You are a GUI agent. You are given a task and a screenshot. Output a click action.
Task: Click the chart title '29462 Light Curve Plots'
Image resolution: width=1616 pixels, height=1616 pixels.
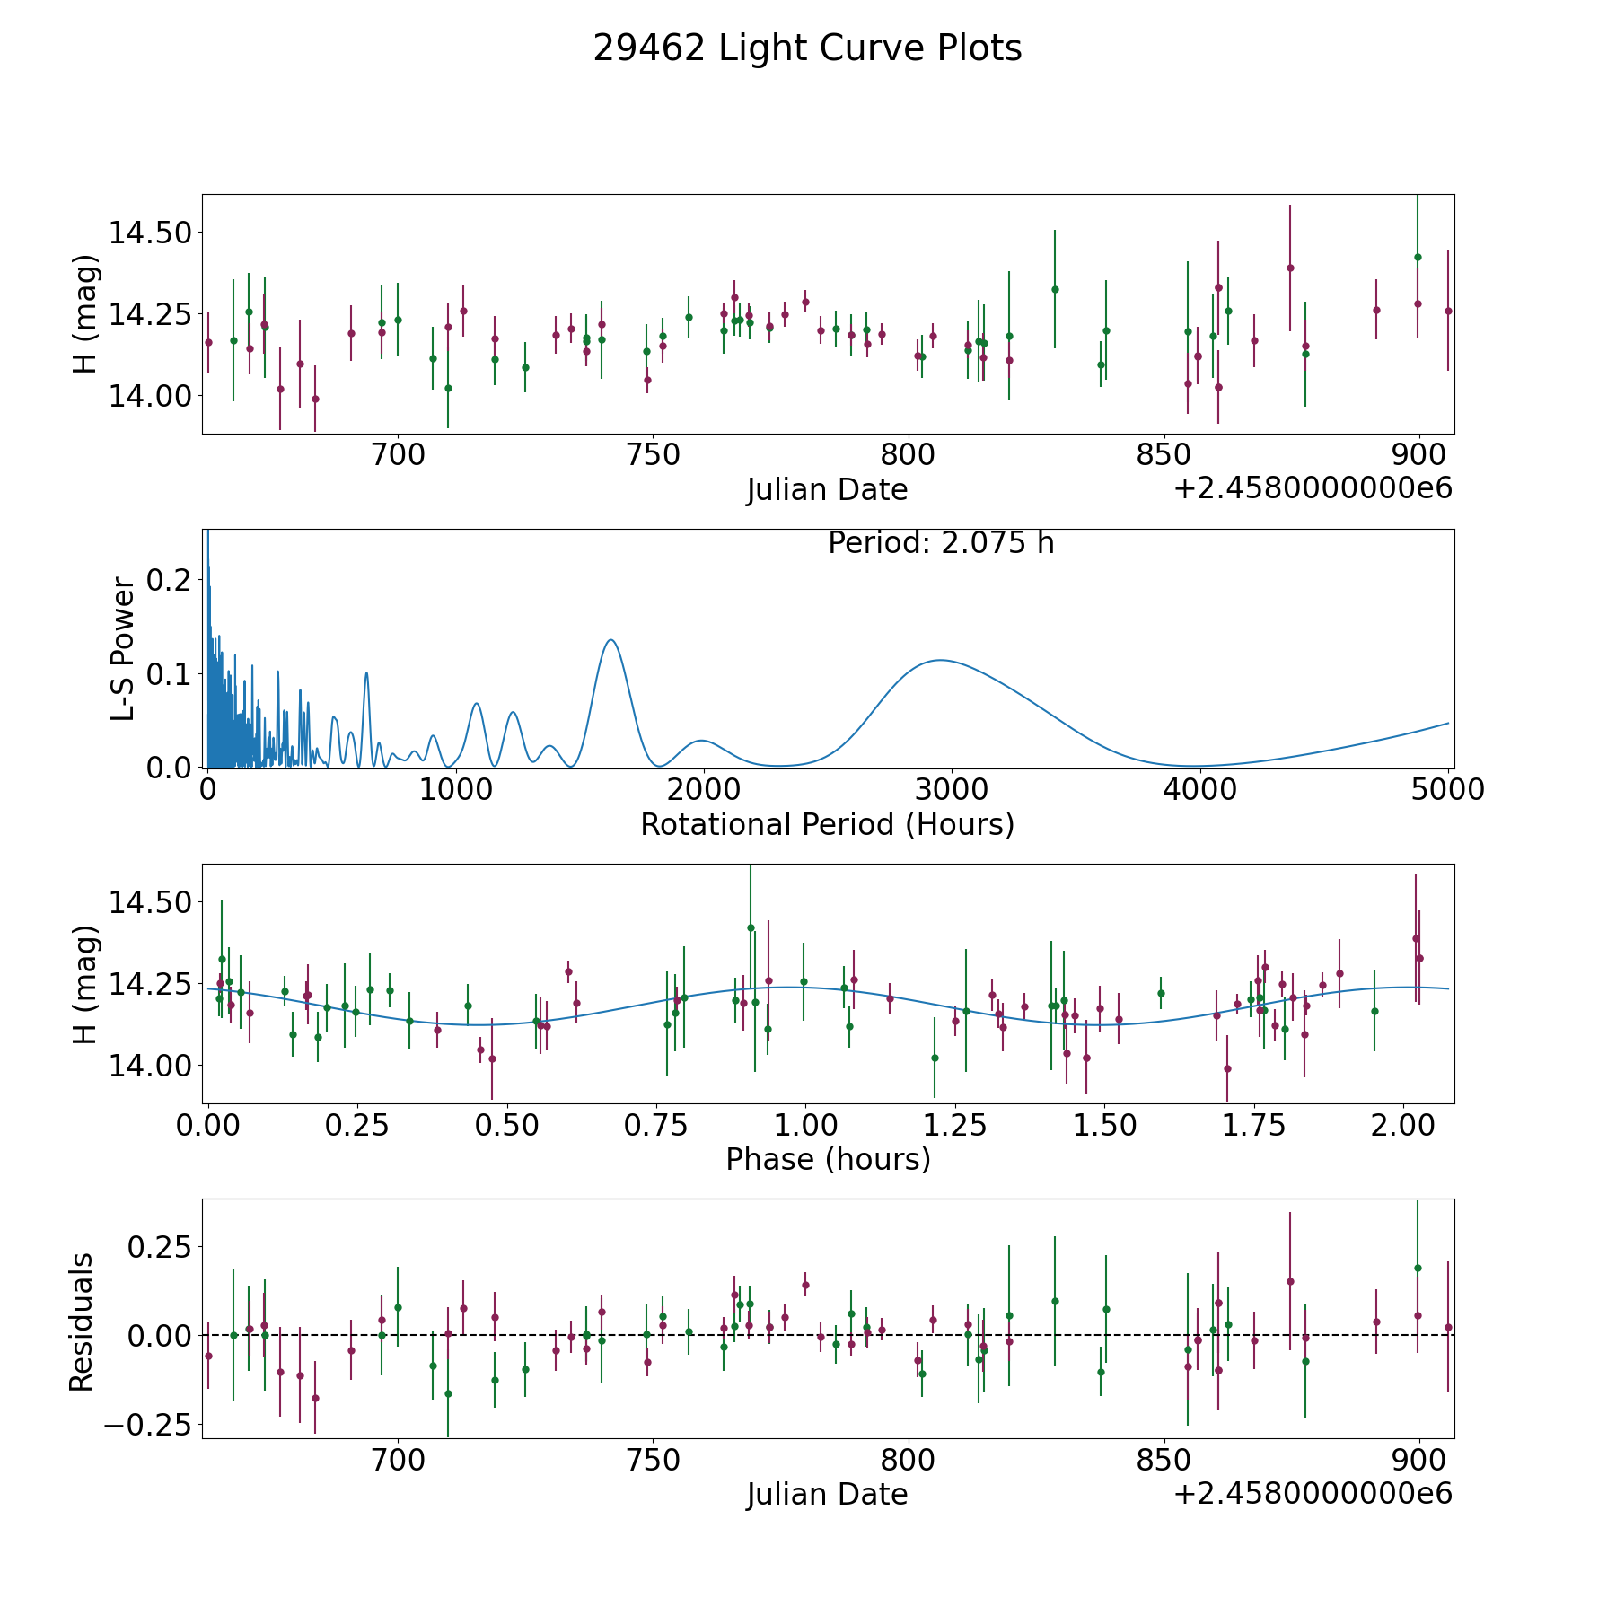pyautogui.click(x=807, y=48)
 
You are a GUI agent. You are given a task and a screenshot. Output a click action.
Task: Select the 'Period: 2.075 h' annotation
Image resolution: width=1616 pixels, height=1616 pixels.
pyautogui.click(x=941, y=543)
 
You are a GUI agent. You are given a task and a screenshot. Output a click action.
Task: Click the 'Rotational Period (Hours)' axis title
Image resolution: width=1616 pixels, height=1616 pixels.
pyautogui.click(x=827, y=824)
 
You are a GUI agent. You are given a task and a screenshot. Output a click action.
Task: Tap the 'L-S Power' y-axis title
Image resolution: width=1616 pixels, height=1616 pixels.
pyautogui.click(x=124, y=649)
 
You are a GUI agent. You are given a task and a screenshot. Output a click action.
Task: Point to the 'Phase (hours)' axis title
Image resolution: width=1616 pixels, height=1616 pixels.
pyautogui.click(x=828, y=1159)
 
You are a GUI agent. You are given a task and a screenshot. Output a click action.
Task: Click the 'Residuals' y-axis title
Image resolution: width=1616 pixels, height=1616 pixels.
pyautogui.click(x=82, y=1322)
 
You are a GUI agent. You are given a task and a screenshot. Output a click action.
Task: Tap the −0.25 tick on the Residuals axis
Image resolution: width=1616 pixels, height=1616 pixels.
pyautogui.click(x=152, y=1425)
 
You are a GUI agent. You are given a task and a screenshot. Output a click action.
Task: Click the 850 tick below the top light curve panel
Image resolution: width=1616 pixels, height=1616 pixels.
pyautogui.click(x=1164, y=455)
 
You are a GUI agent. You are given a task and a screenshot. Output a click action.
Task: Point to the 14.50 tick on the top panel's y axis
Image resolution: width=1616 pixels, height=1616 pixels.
pyautogui.click(x=150, y=233)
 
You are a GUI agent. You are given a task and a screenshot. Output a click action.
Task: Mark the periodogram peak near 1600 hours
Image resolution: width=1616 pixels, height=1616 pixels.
pyautogui.click(x=610, y=640)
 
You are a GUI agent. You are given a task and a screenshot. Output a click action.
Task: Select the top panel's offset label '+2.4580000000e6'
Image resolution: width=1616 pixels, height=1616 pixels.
pyautogui.click(x=1313, y=489)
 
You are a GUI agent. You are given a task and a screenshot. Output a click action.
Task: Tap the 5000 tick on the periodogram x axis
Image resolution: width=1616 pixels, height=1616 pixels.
pyautogui.click(x=1447, y=790)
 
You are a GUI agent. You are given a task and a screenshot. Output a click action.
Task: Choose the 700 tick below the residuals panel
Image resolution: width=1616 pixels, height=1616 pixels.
pyautogui.click(x=398, y=1460)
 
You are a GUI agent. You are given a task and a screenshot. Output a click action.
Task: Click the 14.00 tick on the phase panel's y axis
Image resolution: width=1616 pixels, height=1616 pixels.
pyautogui.click(x=150, y=1066)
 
